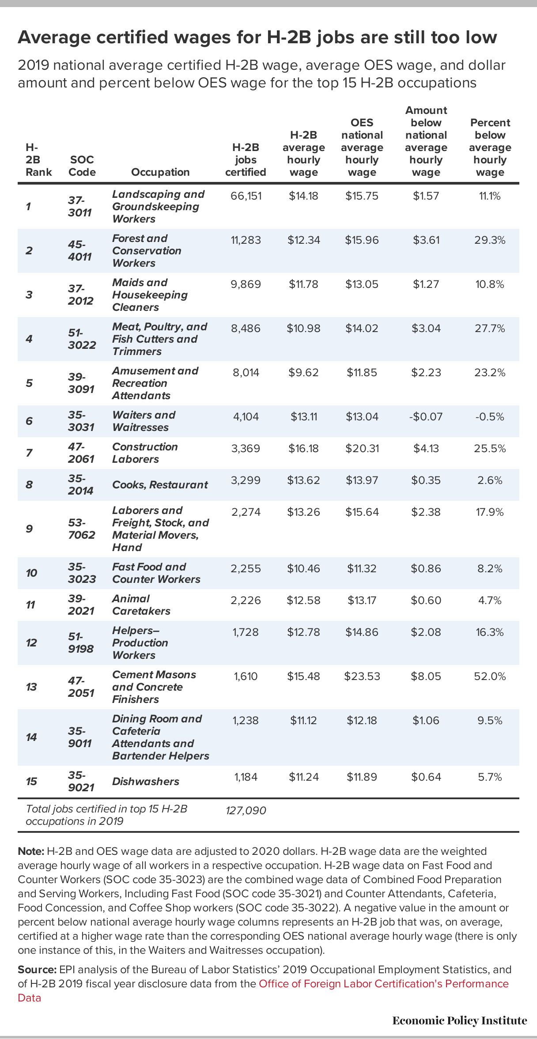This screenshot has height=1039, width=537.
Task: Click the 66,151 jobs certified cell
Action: click(246, 196)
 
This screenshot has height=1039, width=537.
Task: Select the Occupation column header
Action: click(160, 172)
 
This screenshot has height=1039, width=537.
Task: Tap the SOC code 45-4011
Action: click(80, 250)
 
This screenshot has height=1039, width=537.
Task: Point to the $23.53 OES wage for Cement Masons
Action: click(362, 676)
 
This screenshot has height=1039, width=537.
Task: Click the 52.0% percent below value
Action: click(490, 676)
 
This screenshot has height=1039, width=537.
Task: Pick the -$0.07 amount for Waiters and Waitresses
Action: click(426, 416)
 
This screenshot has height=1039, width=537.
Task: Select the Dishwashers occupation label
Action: click(146, 781)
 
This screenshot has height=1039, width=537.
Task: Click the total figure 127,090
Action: click(246, 810)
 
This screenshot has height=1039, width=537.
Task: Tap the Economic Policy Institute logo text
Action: click(460, 1020)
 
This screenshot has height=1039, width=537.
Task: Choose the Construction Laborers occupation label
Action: click(145, 453)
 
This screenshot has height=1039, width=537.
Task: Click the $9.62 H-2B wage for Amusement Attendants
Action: click(303, 372)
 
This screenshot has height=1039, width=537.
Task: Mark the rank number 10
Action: click(31, 573)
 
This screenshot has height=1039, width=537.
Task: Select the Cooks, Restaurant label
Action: click(160, 484)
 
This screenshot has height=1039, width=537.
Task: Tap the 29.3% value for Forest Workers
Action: click(490, 240)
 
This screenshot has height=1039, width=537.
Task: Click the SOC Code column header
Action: click(82, 166)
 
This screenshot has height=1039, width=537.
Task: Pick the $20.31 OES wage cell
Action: click(362, 448)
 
